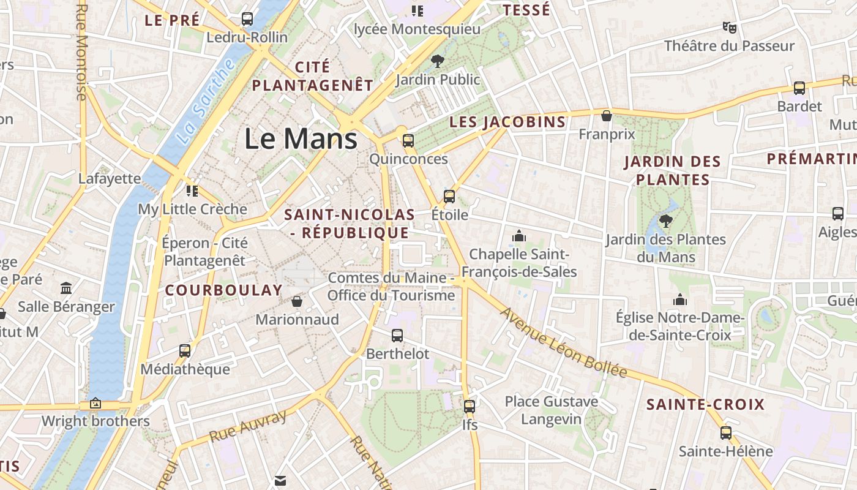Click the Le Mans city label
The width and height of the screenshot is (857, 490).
301,138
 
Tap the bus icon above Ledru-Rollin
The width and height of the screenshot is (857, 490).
247,19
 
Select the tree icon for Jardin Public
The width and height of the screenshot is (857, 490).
437,61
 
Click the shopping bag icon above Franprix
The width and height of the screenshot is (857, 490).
607,115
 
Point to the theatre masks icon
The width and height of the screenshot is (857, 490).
729,27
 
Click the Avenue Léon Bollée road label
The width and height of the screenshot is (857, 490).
564,342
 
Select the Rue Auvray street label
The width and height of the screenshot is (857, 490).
248,426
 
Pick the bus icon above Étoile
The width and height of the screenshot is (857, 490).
449,197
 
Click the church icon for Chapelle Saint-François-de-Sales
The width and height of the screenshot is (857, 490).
519,236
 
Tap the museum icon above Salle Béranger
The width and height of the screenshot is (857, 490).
66,288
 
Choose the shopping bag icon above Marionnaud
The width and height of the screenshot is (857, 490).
297,301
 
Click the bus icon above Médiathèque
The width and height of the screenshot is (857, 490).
185,351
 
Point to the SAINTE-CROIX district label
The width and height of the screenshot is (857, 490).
705,404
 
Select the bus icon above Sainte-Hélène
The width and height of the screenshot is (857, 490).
726,433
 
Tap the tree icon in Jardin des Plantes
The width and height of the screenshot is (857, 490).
665,221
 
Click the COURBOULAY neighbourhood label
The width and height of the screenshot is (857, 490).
224,290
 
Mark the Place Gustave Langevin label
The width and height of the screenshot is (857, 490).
551,410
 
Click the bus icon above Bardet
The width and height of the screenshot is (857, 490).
799,88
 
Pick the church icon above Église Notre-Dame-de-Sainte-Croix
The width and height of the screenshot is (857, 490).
679,300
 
